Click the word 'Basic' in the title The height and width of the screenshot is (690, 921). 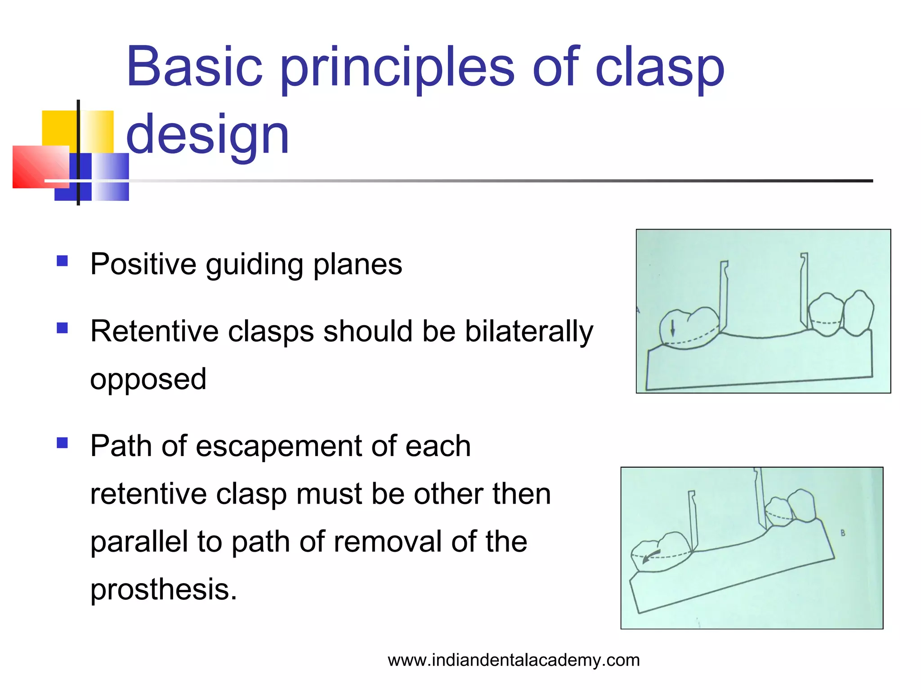pos(194,67)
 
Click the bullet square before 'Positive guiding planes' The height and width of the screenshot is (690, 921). pos(62,261)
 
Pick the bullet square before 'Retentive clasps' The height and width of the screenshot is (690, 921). pos(62,328)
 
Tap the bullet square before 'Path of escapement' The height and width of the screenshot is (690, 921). pos(62,443)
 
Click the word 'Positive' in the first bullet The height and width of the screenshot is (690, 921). pos(143,264)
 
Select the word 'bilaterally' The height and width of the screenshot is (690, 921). pos(529,332)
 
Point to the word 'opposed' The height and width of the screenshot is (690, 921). pos(148,380)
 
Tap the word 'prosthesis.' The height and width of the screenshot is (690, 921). pos(163,589)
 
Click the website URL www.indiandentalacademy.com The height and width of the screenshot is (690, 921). pos(514,660)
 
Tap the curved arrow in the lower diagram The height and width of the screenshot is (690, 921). pos(651,556)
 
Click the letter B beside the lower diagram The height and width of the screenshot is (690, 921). pos(843,533)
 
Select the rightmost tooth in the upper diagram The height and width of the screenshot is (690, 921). pos(859,313)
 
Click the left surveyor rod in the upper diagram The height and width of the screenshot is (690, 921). pos(723,296)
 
